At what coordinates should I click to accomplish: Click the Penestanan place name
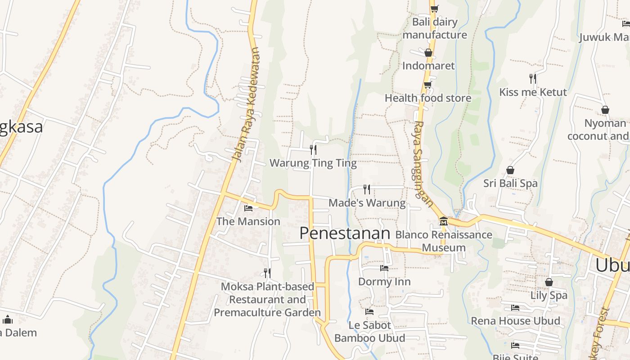(x=344, y=233)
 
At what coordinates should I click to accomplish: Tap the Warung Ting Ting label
(x=313, y=163)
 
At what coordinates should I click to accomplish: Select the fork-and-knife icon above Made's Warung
(x=367, y=189)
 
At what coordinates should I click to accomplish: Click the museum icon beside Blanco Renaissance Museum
(x=444, y=221)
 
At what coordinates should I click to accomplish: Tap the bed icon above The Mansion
(x=248, y=208)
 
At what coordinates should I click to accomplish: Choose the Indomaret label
(x=428, y=66)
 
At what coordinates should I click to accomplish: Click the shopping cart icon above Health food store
(x=427, y=84)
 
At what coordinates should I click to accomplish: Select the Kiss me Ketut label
(x=533, y=92)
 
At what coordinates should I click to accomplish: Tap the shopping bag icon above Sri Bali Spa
(x=510, y=170)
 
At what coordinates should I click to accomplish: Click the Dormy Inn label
(x=384, y=282)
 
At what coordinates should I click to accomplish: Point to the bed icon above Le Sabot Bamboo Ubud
(x=369, y=311)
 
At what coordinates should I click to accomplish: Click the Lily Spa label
(x=549, y=296)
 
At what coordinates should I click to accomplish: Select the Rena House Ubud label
(x=515, y=321)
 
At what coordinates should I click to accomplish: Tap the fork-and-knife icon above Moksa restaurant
(x=267, y=273)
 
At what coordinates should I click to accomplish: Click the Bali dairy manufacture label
(x=435, y=28)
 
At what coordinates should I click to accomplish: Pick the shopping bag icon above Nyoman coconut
(x=605, y=110)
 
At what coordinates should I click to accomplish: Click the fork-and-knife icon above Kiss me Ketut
(x=533, y=79)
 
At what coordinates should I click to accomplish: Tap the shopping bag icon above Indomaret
(x=428, y=53)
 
